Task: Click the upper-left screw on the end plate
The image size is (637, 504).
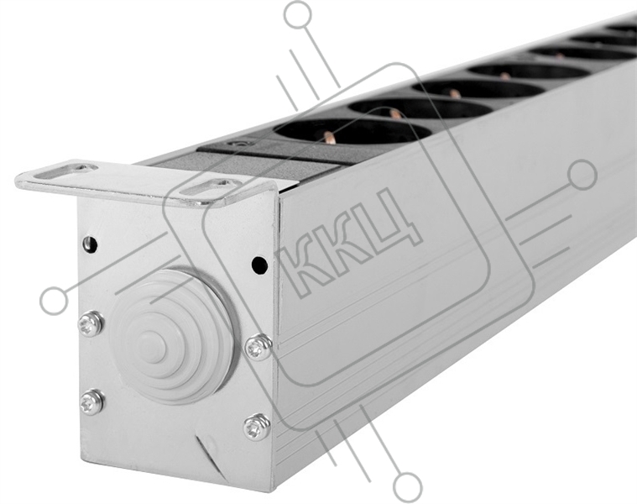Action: (91, 323)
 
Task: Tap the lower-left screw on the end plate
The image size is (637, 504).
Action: (91, 402)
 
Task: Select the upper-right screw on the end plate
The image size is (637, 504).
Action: (258, 347)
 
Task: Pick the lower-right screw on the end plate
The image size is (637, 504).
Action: (257, 427)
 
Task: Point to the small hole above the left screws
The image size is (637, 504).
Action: (90, 244)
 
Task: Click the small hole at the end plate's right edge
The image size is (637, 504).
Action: (259, 265)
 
